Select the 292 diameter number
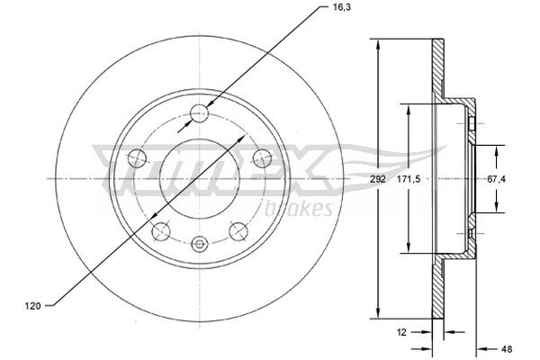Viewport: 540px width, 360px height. tap(378, 180)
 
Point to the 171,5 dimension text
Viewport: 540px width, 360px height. tap(410, 180)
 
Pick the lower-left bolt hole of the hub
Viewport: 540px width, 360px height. tap(161, 231)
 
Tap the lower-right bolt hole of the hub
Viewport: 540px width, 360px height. tap(238, 231)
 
